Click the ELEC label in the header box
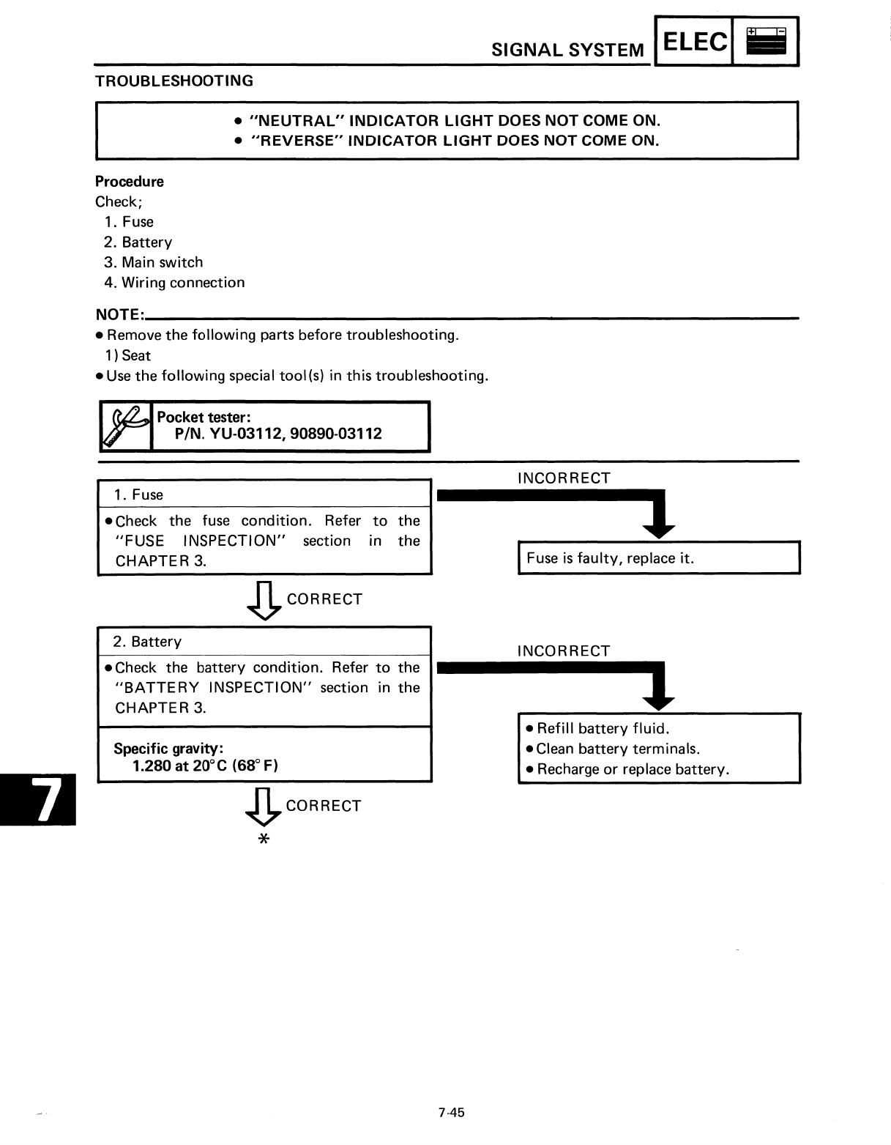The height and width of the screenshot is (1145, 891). coord(695,42)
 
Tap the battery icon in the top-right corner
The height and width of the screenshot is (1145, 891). coord(766,42)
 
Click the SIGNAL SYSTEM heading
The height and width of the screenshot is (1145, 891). coord(567,50)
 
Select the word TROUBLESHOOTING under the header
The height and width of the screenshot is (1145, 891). coord(174,81)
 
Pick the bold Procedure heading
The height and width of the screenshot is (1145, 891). coord(130,182)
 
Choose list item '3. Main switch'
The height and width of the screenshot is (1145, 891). coord(153,262)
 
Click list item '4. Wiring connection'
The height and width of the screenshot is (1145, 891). coord(174,283)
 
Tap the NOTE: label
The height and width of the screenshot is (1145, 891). coord(119,315)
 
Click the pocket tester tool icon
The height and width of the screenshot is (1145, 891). coord(124,426)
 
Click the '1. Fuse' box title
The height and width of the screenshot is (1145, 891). coord(138,494)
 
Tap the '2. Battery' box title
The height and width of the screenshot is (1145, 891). coord(146,642)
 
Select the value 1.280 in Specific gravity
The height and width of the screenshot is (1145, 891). coord(152,766)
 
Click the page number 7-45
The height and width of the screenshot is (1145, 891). coord(451,1113)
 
